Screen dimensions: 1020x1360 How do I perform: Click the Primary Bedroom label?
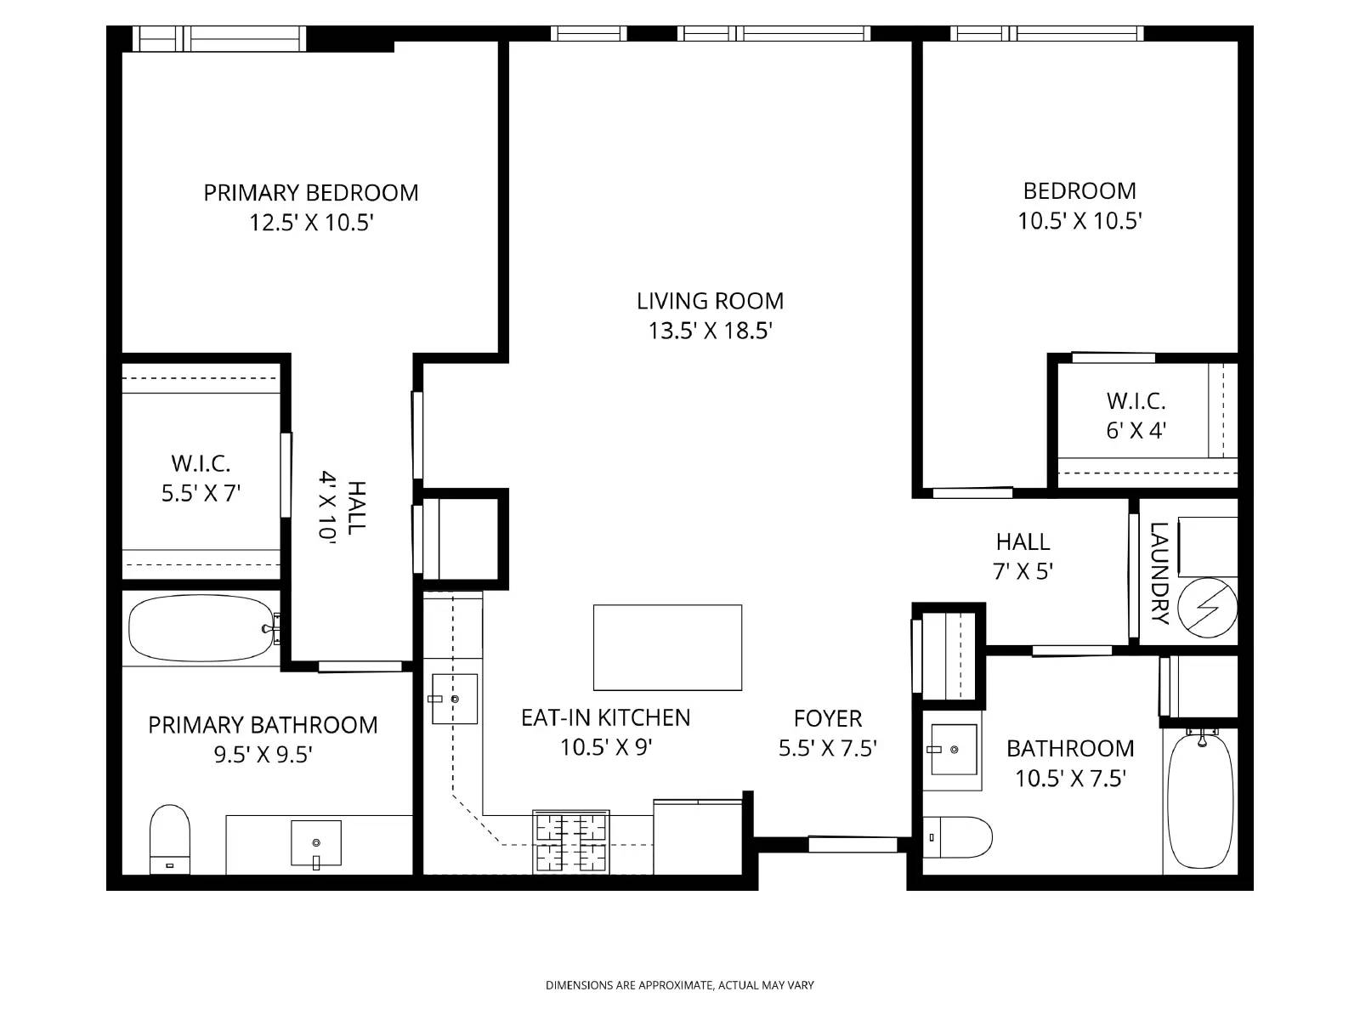point(310,193)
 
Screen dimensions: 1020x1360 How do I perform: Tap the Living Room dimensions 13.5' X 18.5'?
point(710,331)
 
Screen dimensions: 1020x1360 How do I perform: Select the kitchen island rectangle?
point(667,648)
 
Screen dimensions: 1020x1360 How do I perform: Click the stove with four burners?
point(570,841)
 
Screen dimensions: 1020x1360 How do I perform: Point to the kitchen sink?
point(454,699)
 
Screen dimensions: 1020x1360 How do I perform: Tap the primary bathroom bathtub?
point(201,628)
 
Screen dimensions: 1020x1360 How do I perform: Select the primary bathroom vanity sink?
point(315,843)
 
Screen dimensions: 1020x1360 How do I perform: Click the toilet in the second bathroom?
point(958,837)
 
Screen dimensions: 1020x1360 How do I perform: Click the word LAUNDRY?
point(1159,573)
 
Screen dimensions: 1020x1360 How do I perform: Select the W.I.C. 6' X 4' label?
point(1136,416)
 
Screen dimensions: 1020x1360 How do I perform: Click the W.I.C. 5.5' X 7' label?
point(201,478)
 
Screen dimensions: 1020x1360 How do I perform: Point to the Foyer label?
point(827,719)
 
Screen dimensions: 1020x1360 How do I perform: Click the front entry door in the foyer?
point(852,844)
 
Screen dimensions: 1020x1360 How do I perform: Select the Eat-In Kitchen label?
point(605,718)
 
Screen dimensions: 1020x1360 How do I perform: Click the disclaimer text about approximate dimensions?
point(679,985)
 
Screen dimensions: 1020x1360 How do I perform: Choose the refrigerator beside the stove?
point(698,837)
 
